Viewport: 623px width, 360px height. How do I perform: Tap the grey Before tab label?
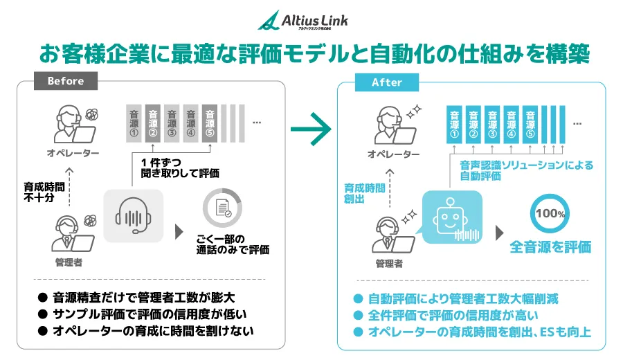[66, 82]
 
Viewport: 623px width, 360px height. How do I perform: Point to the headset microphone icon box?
[134, 215]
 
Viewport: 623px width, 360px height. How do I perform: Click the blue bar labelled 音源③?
[493, 123]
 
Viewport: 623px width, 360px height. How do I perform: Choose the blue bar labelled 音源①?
[454, 123]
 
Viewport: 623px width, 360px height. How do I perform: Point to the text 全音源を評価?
[550, 246]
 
